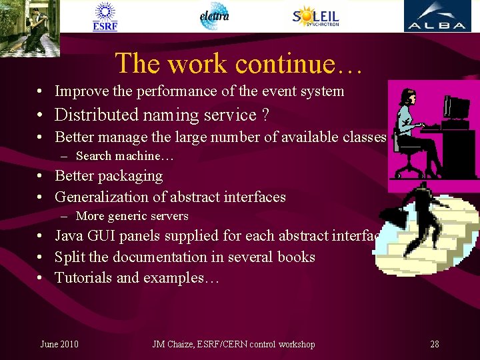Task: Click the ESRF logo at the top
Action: pyautogui.click(x=105, y=17)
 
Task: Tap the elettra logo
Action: pyautogui.click(x=215, y=16)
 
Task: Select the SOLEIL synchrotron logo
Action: pyautogui.click(x=316, y=16)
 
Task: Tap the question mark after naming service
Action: pyautogui.click(x=265, y=115)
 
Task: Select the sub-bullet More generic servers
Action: pyautogui.click(x=132, y=216)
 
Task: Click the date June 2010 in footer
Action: pyautogui.click(x=59, y=344)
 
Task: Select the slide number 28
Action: pyautogui.click(x=435, y=344)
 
